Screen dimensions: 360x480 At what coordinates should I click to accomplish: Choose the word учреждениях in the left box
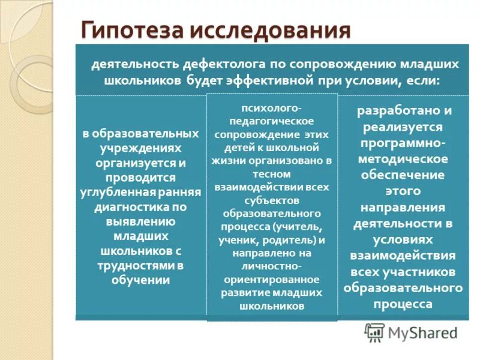(140, 148)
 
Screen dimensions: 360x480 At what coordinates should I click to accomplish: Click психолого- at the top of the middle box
(272, 108)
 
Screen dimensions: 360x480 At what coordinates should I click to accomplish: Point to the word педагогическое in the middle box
(271, 122)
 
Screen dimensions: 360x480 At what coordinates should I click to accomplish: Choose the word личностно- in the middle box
(272, 266)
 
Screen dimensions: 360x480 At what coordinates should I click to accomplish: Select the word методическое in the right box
(403, 159)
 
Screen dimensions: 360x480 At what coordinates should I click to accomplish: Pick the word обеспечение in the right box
(403, 175)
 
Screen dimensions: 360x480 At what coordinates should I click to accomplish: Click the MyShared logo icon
(375, 332)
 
